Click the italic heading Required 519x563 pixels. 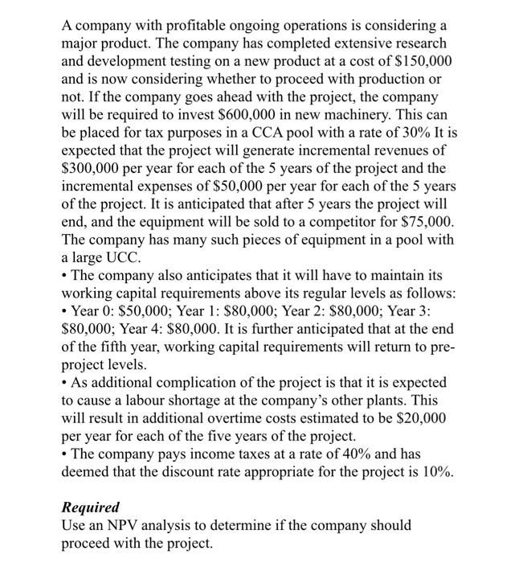coord(90,509)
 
